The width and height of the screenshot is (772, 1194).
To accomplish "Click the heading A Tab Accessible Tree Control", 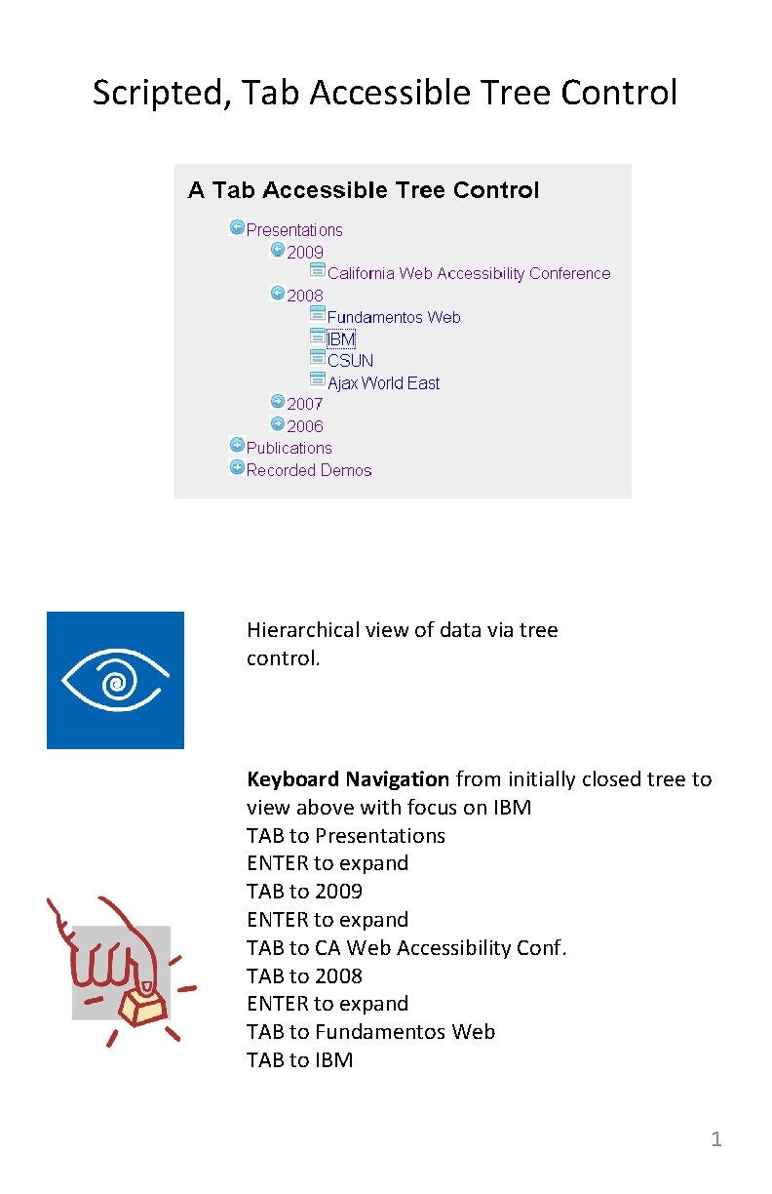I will (x=363, y=190).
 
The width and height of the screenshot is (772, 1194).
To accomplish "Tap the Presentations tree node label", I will (x=294, y=230).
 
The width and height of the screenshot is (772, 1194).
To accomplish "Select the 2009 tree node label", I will (x=305, y=252).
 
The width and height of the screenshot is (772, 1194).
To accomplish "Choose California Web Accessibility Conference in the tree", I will (x=469, y=274).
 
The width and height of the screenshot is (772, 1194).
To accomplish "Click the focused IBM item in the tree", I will (x=341, y=339).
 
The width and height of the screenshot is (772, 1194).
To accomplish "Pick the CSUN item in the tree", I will (x=350, y=361).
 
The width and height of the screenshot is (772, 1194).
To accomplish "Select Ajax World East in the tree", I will (x=383, y=383).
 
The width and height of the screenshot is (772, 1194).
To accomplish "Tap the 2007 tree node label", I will (x=305, y=404).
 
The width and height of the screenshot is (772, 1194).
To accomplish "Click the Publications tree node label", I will (x=289, y=449).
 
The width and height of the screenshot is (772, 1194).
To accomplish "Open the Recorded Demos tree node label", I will (x=309, y=470).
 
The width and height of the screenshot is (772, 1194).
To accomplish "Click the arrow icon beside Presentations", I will (x=237, y=227).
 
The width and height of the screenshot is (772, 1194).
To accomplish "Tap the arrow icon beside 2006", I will (x=278, y=423).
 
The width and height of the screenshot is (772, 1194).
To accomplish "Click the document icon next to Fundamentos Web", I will (x=318, y=313).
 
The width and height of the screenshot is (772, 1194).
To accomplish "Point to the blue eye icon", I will (x=115, y=680).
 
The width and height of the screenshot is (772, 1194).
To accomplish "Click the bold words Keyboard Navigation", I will (x=348, y=779).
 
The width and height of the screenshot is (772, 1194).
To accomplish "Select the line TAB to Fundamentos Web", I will (x=370, y=1032).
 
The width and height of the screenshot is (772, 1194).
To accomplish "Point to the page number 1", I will (x=716, y=1139).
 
